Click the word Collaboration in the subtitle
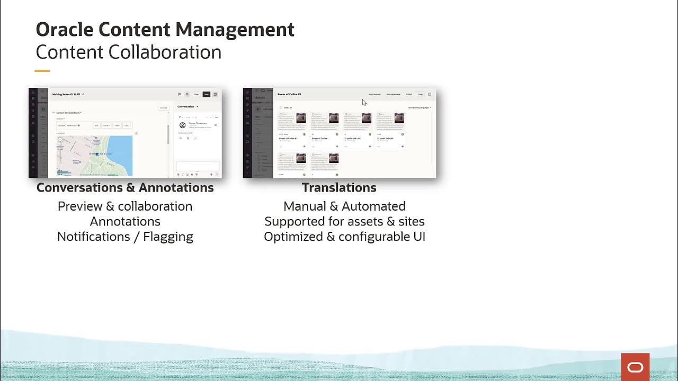pyautogui.click(x=165, y=52)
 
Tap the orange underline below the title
pyautogui.click(x=42, y=70)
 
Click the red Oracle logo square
pyautogui.click(x=635, y=367)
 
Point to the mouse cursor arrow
pyautogui.click(x=364, y=102)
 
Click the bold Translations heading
pyautogui.click(x=339, y=188)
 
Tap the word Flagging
pyautogui.click(x=168, y=237)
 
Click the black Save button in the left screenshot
pyautogui.click(x=207, y=94)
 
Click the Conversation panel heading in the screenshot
pyautogui.click(x=186, y=106)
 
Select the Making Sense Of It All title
pyautogui.click(x=66, y=94)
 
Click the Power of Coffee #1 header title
pyautogui.click(x=289, y=94)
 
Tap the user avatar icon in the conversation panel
pyautogui.click(x=183, y=125)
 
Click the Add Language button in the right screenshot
pyautogui.click(x=374, y=94)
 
